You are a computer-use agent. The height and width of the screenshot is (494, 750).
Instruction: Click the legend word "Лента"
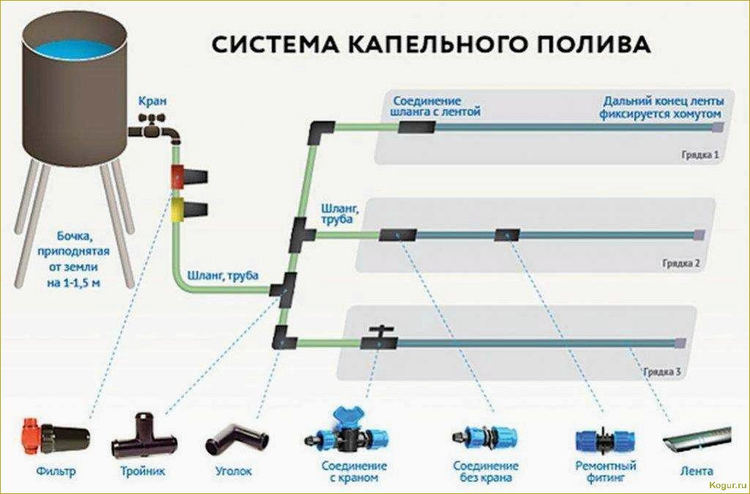pos(695,470)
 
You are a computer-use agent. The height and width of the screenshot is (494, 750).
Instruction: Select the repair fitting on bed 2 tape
pos(507,235)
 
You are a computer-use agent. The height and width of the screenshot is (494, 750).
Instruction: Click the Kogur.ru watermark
pos(725,484)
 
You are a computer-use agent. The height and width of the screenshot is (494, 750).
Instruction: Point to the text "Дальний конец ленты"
pos(664,101)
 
